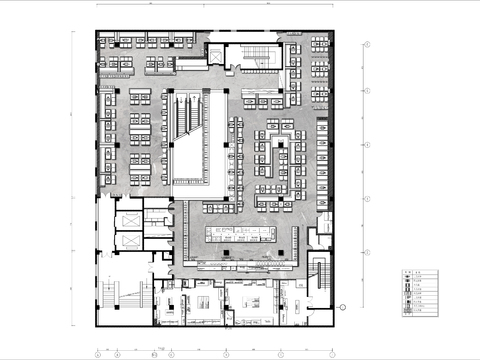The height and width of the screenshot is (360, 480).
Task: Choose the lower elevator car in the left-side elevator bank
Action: click(128, 240)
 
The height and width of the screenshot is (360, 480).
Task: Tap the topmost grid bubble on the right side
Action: click(367, 45)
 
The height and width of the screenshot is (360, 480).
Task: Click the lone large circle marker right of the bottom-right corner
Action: click(342, 308)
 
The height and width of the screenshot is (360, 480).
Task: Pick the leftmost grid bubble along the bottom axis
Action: click(97, 354)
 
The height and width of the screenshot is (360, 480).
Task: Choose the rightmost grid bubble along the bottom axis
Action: click(333, 354)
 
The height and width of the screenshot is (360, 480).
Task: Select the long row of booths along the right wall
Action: click(322, 160)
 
